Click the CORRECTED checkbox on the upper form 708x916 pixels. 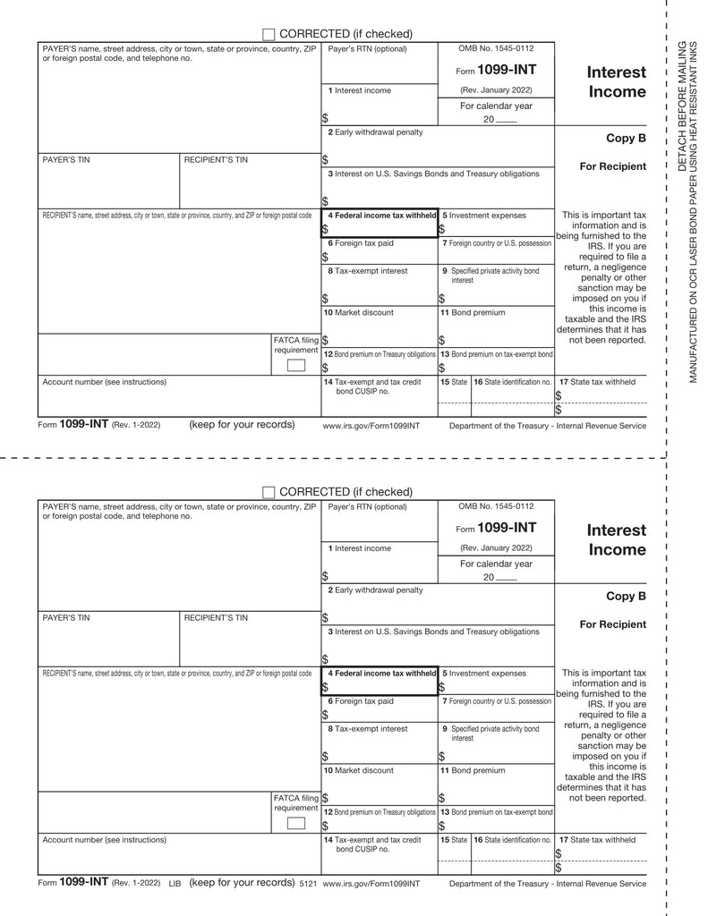(x=269, y=33)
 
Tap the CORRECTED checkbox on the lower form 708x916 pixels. (x=269, y=492)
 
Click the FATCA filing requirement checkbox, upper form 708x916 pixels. (x=295, y=364)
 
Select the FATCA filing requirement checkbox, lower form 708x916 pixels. (x=295, y=823)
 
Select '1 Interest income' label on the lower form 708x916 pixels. (x=359, y=548)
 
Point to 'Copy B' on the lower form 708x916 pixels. (x=626, y=597)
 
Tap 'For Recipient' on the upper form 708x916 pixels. (x=612, y=166)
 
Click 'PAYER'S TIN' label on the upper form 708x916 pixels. (x=66, y=160)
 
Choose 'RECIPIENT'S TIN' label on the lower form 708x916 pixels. (x=216, y=618)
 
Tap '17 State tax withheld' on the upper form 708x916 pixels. (x=597, y=382)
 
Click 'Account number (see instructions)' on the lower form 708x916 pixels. (x=104, y=840)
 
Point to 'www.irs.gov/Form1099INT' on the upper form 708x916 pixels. (x=371, y=426)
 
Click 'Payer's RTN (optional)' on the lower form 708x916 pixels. (x=367, y=506)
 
